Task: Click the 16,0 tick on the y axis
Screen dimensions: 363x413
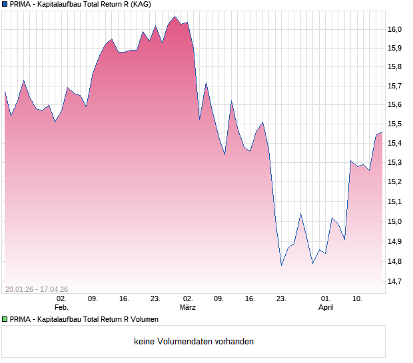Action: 396,29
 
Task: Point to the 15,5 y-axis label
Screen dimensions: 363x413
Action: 396,124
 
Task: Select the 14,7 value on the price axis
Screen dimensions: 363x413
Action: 396,281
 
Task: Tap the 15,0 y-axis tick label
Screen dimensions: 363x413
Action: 396,221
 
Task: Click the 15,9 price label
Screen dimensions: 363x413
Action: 396,48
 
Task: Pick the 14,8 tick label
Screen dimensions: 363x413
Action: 396,261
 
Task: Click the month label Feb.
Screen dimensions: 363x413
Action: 61,307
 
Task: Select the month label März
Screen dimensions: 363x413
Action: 188,307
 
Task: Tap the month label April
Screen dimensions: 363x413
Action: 325,307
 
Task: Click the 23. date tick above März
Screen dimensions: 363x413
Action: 155,299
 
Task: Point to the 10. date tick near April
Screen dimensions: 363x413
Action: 357,299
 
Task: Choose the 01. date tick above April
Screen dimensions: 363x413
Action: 325,299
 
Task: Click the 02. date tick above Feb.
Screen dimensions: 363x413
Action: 61,299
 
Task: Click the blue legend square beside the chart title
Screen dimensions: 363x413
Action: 5,4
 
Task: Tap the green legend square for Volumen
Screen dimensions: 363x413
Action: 5,319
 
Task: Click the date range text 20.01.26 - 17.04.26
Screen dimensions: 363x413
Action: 37,289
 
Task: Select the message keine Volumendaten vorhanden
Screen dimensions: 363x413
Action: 194,342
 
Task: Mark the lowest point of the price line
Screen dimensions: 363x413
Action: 281,265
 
